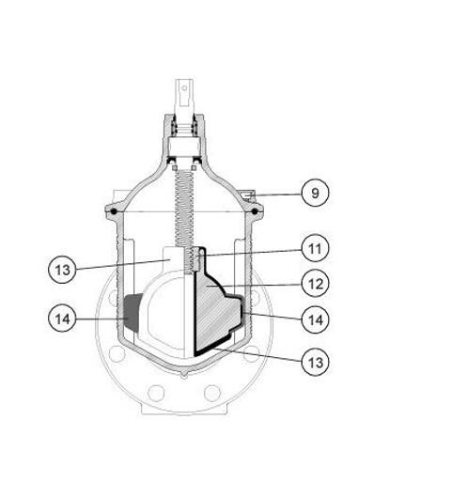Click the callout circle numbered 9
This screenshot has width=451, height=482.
315,193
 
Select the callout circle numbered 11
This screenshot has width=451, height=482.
315,248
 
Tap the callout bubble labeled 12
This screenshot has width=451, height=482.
315,284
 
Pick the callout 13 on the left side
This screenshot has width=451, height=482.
62,270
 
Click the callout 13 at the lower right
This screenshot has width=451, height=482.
315,362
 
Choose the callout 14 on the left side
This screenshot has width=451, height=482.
62,319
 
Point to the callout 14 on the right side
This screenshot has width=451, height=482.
315,319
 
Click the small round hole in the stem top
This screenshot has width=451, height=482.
184,88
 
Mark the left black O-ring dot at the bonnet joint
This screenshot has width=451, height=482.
114,211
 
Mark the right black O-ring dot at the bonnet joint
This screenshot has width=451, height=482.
255,211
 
